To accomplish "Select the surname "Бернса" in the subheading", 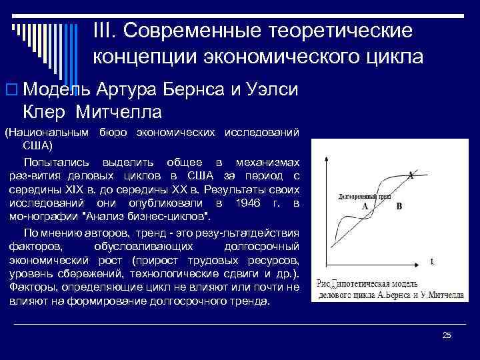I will pyautogui.click(x=201, y=89).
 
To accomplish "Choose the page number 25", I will pyautogui.click(x=447, y=335).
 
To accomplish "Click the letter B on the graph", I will pyautogui.click(x=399, y=207).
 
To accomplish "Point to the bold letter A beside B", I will pyautogui.click(x=365, y=207).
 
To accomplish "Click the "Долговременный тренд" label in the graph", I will pyautogui.click(x=361, y=198).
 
